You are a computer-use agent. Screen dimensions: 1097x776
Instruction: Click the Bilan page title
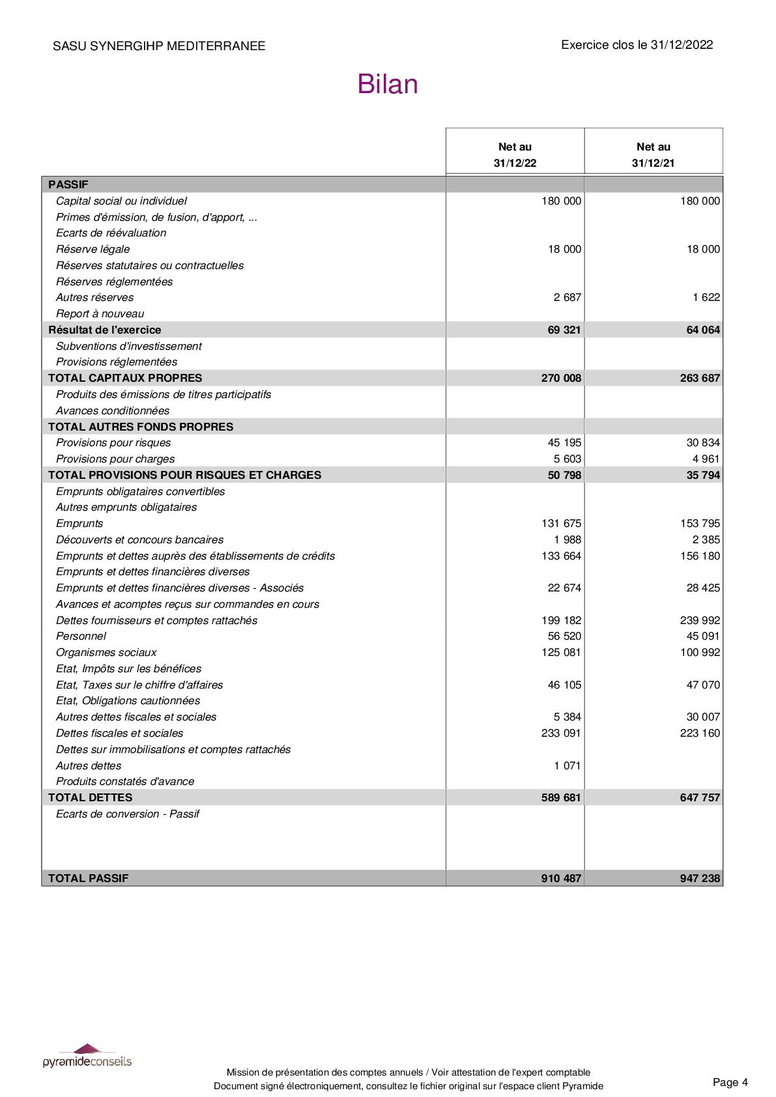click(387, 85)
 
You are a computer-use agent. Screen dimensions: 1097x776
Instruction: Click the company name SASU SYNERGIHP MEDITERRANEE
click(159, 46)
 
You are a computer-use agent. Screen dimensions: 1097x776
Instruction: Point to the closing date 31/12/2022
click(682, 45)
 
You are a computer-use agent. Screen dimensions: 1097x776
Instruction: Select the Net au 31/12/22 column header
click(515, 154)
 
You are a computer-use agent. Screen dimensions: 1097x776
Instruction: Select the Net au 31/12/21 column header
click(653, 154)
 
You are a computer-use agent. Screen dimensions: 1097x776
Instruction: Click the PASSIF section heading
click(68, 184)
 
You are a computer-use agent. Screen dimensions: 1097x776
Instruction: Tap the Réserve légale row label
click(93, 249)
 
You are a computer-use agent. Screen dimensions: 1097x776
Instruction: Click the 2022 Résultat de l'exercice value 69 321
click(564, 330)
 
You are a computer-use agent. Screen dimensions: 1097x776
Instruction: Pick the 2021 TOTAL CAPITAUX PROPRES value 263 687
click(700, 378)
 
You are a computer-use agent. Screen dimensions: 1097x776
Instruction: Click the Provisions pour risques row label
click(113, 442)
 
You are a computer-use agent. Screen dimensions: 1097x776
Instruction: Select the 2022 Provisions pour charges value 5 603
click(567, 459)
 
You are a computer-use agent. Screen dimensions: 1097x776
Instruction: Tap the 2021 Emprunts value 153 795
click(700, 523)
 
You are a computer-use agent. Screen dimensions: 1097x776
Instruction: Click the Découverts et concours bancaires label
click(139, 539)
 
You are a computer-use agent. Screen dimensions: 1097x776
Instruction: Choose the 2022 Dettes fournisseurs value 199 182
click(561, 620)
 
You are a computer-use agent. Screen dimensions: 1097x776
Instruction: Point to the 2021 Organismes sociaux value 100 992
click(700, 652)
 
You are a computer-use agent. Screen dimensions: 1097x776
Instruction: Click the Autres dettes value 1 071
click(567, 765)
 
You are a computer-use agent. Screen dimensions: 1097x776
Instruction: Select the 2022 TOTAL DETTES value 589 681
click(561, 797)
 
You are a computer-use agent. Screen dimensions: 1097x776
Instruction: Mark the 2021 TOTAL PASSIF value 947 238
click(700, 878)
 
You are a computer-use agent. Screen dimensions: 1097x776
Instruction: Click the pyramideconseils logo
click(87, 1057)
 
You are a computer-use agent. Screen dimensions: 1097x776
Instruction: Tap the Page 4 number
click(730, 1082)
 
